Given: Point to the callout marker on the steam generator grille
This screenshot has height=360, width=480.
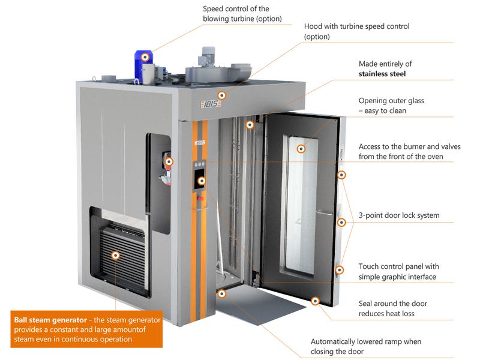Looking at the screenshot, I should coord(115,255).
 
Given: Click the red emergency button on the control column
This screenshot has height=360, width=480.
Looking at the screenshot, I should coord(200,199).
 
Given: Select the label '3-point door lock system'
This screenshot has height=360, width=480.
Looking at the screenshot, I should coord(398,215).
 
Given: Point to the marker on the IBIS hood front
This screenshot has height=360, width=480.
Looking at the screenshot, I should coord(222,95).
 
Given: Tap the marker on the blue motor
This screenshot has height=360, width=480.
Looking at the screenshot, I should coord(145,56).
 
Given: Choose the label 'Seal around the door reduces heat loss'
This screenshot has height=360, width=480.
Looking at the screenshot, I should coord(392,308).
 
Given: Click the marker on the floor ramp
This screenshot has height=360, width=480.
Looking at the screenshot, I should coord(222,293).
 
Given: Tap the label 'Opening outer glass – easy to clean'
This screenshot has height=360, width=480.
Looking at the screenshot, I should coord(391,106).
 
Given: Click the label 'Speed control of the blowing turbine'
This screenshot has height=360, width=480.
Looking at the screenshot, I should coord(237,13).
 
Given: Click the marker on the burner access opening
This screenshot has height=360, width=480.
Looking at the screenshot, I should coord(169,161).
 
